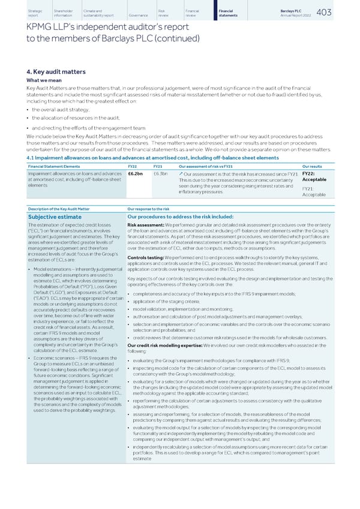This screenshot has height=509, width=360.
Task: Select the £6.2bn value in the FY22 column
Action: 135,173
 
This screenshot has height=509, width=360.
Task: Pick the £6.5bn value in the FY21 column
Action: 160,173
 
